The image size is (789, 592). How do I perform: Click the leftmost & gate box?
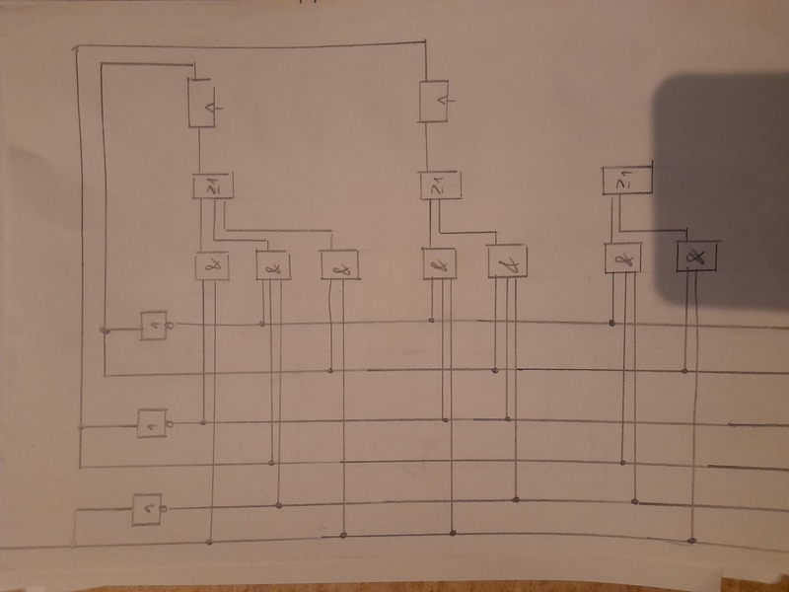[x=211, y=265]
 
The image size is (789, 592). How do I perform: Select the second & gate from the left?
[x=273, y=264]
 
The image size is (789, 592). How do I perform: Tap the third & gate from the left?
[x=339, y=264]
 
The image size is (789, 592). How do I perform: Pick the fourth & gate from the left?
[x=439, y=263]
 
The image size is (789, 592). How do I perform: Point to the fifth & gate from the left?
[x=507, y=262]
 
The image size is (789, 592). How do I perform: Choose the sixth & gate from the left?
[x=622, y=259]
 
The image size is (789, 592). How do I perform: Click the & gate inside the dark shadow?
[x=696, y=257]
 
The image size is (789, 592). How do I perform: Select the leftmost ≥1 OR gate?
[x=209, y=184]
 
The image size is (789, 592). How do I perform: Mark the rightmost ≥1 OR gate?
[x=622, y=181]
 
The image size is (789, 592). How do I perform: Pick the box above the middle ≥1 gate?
[x=434, y=102]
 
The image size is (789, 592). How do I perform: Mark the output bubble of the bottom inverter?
[x=164, y=508]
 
